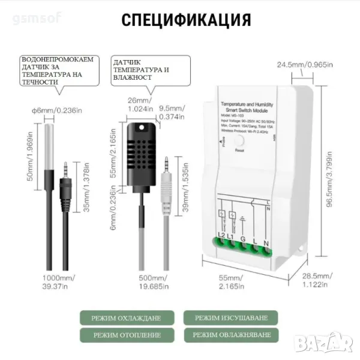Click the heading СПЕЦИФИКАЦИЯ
pos(186,19)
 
